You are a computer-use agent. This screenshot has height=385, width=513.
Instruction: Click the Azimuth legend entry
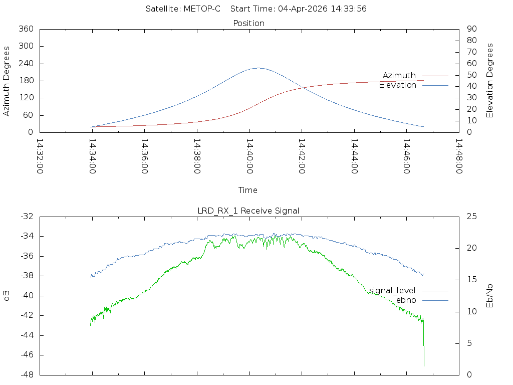coord(399,75)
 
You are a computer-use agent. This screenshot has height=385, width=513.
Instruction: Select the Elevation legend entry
coord(397,85)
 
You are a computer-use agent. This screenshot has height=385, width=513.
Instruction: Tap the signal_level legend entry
coord(392,290)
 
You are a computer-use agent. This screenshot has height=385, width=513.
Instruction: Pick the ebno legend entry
coord(406,300)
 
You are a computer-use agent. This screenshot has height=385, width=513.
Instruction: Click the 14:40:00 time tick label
coord(249,156)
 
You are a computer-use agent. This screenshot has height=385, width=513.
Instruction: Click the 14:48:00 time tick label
coord(459,156)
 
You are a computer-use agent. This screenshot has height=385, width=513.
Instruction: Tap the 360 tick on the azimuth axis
coord(26,29)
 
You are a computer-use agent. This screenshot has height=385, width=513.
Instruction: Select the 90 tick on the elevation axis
coord(471,29)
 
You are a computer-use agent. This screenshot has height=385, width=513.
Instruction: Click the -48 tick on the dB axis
coord(26,375)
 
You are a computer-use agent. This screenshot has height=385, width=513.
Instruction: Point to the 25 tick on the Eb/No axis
coord(471,217)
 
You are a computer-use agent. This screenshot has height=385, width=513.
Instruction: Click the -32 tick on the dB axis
coord(26,217)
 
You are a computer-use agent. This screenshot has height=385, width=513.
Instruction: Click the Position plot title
coord(249,23)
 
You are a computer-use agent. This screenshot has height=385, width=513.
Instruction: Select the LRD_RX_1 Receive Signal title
coord(248,211)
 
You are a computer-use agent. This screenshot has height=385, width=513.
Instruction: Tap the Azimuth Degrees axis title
coord(7,81)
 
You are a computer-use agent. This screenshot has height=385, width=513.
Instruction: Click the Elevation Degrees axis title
coord(490,80)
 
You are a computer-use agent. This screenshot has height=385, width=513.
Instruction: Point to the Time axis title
coord(248,190)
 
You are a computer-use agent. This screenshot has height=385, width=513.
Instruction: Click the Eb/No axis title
coord(490,296)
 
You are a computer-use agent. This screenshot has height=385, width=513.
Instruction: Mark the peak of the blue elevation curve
coord(258,68)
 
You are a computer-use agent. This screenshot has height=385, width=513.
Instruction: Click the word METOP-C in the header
coord(202,9)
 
